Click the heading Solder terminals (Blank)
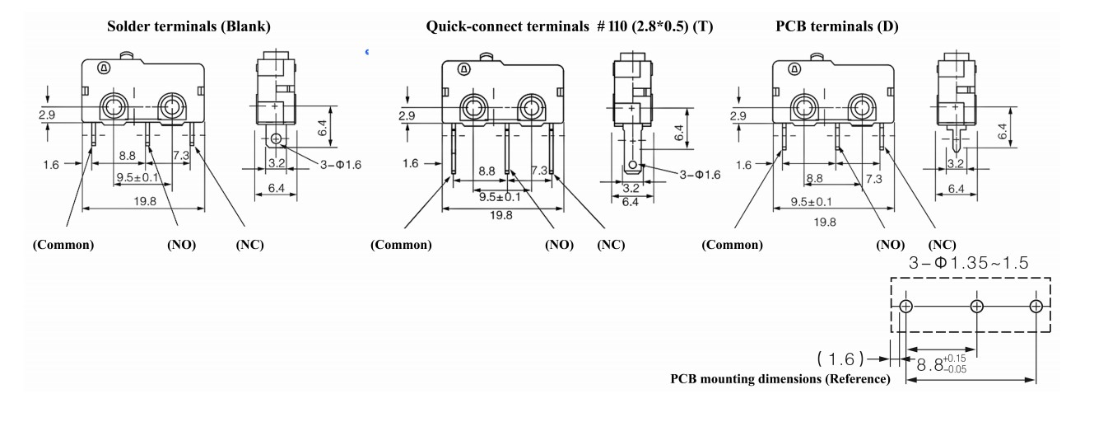click(x=189, y=27)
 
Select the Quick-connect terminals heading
click(x=570, y=27)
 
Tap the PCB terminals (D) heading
click(x=837, y=27)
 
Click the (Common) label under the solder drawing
click(x=63, y=245)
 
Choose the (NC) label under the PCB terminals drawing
click(x=942, y=245)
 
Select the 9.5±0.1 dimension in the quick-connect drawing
click(x=500, y=197)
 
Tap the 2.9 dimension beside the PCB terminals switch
click(x=738, y=117)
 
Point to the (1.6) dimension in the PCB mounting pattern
click(x=840, y=359)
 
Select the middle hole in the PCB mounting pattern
click(x=977, y=307)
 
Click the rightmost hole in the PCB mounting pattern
click(x=1036, y=307)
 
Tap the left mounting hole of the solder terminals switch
click(x=112, y=105)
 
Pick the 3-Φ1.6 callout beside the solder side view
click(x=340, y=164)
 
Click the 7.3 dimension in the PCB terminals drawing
click(x=872, y=178)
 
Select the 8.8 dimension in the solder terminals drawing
click(x=128, y=155)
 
